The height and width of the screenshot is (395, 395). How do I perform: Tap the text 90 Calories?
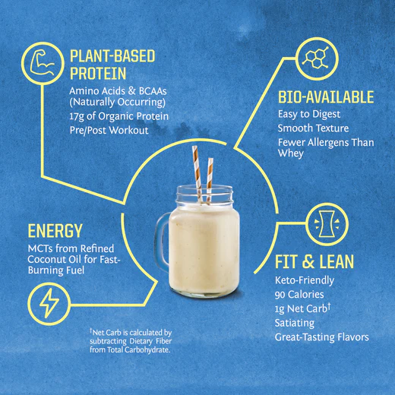pyautogui.click(x=302, y=295)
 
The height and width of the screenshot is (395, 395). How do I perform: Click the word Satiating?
pyautogui.click(x=295, y=322)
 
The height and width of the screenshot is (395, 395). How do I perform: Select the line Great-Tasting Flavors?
pyautogui.click(x=321, y=337)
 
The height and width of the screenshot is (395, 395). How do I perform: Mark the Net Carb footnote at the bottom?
pyautogui.click(x=131, y=340)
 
